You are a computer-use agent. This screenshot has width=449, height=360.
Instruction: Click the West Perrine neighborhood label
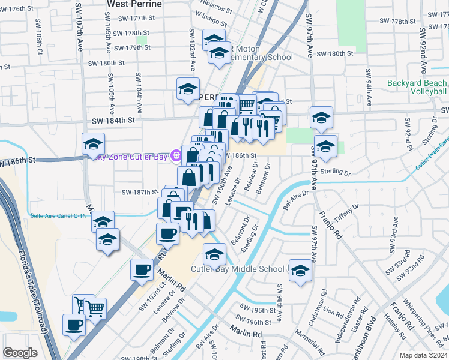point(134,4)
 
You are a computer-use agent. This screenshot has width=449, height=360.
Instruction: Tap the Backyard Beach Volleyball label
point(417,88)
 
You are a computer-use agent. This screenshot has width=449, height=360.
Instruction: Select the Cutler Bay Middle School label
point(240,269)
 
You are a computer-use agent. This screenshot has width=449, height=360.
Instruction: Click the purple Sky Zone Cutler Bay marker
point(175,156)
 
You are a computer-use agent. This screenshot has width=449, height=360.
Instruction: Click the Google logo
point(20,353)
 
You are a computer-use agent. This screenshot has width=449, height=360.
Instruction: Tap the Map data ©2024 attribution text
point(424,355)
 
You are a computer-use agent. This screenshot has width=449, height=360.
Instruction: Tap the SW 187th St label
point(138,193)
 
